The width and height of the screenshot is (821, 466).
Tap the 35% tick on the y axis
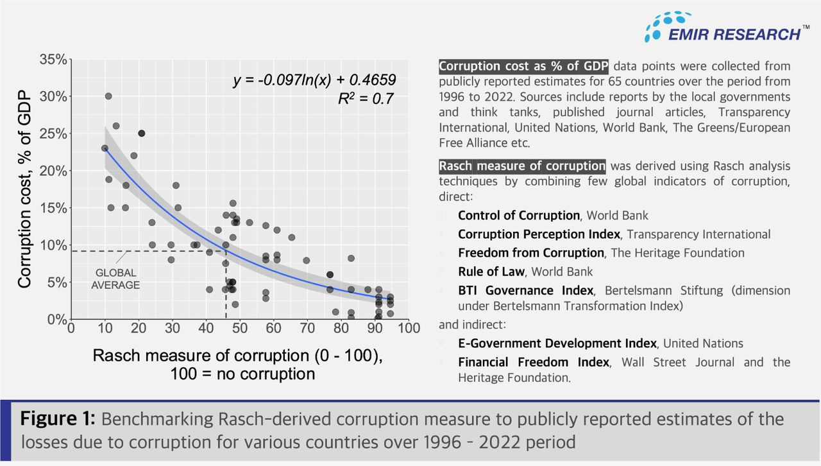[53, 60]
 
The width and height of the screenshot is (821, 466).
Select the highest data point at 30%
[108, 96]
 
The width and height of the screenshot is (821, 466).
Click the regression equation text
[314, 80]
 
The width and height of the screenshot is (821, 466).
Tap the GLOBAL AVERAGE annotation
[115, 279]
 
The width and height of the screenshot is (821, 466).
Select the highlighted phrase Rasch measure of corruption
[522, 166]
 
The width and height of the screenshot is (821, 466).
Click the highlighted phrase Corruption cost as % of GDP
[523, 66]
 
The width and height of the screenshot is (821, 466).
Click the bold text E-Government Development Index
[557, 343]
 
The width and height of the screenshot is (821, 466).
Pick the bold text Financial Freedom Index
[533, 362]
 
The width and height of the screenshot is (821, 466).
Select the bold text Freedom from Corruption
[530, 253]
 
